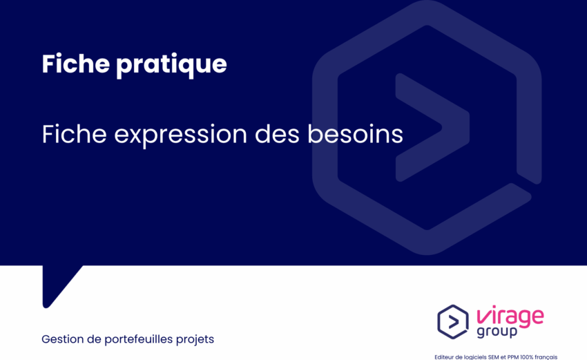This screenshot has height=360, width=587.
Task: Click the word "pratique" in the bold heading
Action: click(x=171, y=65)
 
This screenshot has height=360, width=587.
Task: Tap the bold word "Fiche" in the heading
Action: click(x=75, y=63)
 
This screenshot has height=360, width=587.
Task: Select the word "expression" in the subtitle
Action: click(x=180, y=135)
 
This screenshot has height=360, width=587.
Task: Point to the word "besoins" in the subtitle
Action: click(x=355, y=134)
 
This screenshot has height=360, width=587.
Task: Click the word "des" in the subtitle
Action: click(x=277, y=134)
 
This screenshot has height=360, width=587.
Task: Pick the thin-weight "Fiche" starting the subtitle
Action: click(x=74, y=134)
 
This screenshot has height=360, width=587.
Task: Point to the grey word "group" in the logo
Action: click(x=497, y=332)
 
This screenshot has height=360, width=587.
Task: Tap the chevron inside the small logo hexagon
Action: click(x=454, y=322)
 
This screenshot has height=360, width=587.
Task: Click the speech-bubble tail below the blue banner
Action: click(x=56, y=283)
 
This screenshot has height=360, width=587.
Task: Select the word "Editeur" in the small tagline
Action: click(x=443, y=357)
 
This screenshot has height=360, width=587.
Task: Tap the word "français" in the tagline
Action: click(x=546, y=357)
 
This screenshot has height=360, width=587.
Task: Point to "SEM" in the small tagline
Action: click(x=493, y=357)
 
